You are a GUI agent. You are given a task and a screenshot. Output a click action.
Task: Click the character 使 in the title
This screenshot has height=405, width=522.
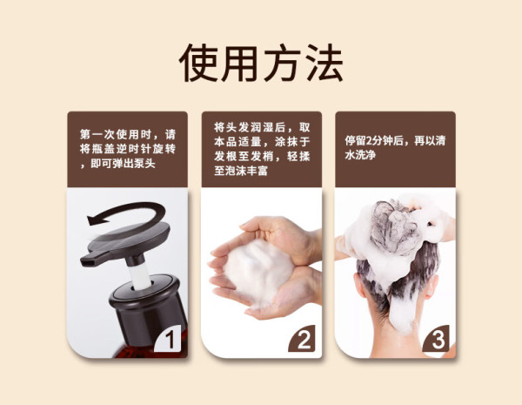200,63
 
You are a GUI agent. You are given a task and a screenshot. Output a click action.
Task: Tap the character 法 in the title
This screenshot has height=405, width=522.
324,63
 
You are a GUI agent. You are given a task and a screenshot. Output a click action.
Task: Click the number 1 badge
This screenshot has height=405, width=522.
169,339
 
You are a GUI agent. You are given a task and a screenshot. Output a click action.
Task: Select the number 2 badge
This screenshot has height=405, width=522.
302,339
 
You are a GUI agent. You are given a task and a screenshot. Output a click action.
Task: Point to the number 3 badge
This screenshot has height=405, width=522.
436,339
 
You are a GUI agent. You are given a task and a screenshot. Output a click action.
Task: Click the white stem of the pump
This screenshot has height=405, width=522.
140,277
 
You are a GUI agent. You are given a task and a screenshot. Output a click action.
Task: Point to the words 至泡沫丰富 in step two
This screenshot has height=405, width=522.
241,171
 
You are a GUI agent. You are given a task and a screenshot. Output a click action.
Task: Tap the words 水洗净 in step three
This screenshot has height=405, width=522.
360,155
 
